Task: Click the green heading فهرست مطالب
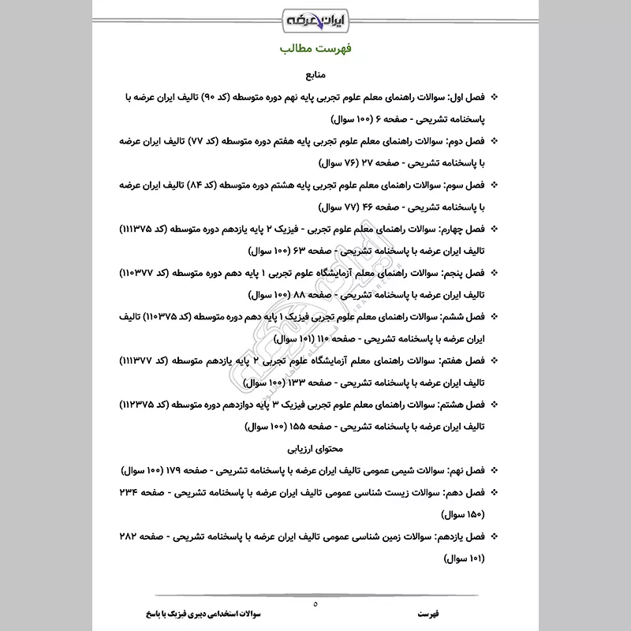315,49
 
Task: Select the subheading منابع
315,77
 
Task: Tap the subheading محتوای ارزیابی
315,449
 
